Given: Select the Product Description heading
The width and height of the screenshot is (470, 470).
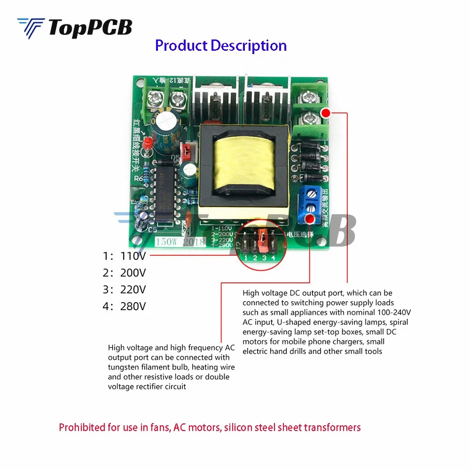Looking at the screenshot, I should (x=221, y=46).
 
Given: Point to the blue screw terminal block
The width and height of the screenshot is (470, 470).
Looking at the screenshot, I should (x=310, y=200).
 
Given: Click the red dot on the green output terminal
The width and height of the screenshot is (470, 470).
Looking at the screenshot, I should (x=325, y=112).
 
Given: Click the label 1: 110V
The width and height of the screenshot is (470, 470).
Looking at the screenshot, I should (x=125, y=256).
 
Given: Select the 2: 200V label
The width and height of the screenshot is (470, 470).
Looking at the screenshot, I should (x=125, y=273).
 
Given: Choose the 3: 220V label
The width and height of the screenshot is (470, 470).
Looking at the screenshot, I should (x=125, y=290).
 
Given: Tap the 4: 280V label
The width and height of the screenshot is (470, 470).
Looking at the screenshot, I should (x=125, y=306).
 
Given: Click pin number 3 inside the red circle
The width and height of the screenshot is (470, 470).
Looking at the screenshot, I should (x=264, y=258).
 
